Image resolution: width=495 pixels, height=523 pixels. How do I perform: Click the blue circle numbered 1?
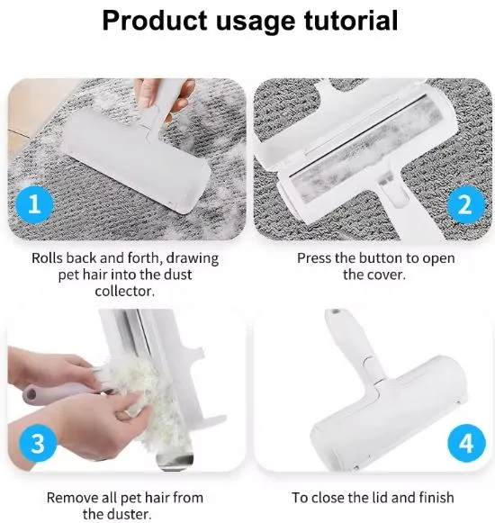coord(35,204)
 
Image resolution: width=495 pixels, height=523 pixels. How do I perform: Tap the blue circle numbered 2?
coord(465,205)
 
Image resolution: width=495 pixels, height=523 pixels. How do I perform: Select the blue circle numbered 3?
coord(38,443)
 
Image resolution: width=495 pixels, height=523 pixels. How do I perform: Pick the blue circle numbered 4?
coord(466,443)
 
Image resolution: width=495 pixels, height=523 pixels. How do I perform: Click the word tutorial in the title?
coord(351,21)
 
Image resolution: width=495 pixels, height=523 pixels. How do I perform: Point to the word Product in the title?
coord(155,21)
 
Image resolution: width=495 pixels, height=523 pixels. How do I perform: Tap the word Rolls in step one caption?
coord(47,257)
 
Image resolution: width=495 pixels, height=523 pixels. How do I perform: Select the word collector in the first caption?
coord(125,291)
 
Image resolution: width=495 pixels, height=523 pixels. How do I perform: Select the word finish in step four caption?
coord(436,498)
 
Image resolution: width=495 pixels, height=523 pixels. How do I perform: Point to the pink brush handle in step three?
coord(57,392)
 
